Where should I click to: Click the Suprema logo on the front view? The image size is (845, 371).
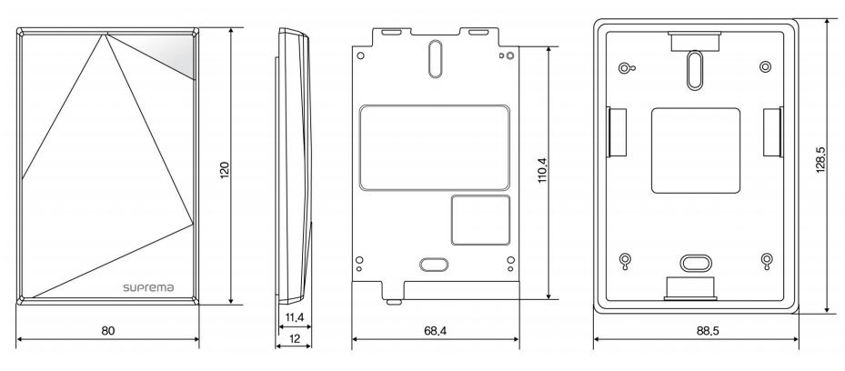(148, 287)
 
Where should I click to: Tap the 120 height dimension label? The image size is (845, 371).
(226, 170)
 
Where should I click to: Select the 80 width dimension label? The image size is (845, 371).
(108, 331)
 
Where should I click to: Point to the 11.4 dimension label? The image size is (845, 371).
(294, 317)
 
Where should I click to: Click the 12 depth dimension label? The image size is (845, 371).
(294, 338)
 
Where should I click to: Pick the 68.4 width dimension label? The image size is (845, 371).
(436, 331)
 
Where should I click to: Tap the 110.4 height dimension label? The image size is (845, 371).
(542, 170)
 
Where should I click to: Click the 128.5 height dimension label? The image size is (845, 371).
(820, 160)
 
